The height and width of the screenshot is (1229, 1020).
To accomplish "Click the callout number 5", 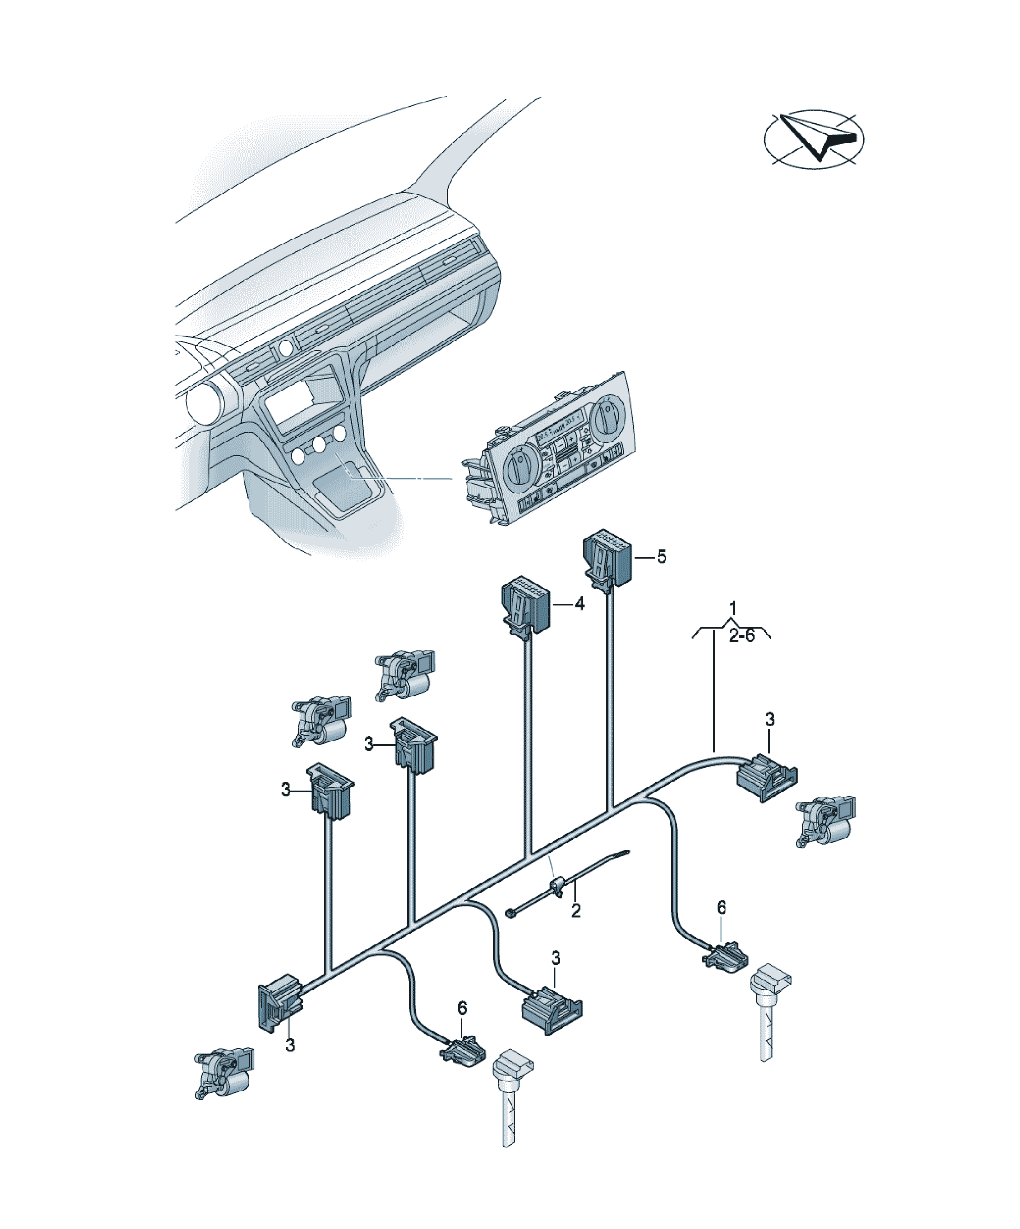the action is pyautogui.click(x=661, y=557).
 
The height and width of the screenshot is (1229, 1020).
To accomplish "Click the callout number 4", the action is pyautogui.click(x=579, y=604).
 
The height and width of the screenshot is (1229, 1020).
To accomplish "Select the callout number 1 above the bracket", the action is pyautogui.click(x=733, y=608).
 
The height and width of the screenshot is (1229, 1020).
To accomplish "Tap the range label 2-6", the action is pyautogui.click(x=742, y=636).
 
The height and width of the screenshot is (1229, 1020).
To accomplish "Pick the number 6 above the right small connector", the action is pyautogui.click(x=722, y=908).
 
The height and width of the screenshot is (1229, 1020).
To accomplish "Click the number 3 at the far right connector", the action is pyautogui.click(x=770, y=719).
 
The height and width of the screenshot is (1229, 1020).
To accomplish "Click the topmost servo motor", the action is pyautogui.click(x=404, y=675).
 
